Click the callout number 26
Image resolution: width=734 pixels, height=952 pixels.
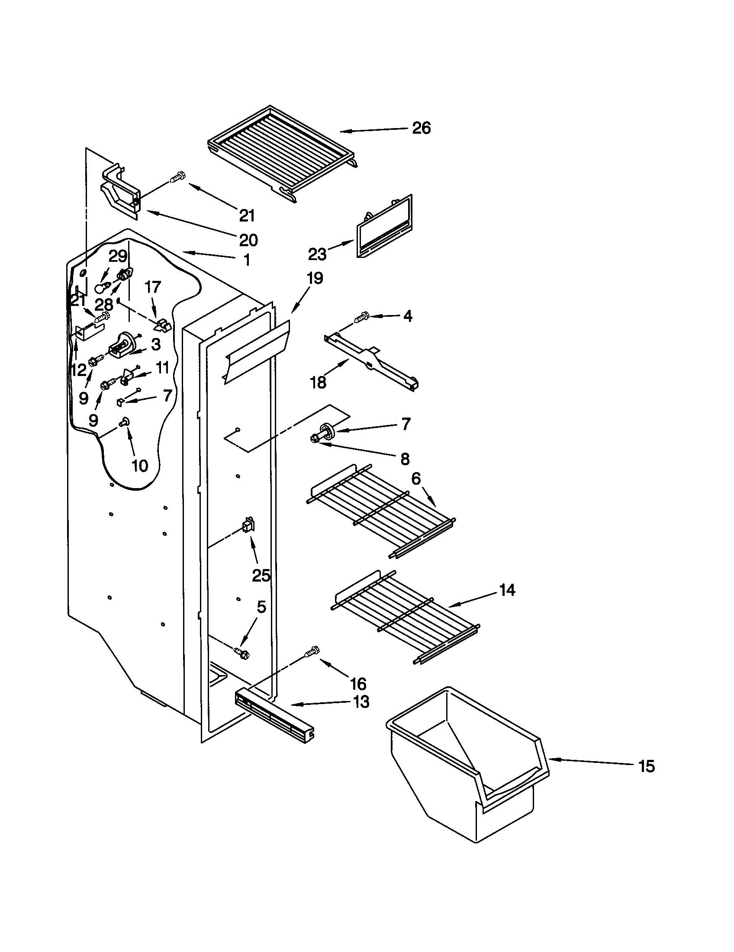[421, 128]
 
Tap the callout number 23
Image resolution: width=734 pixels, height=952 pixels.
[317, 254]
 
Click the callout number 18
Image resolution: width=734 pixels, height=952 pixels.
[318, 382]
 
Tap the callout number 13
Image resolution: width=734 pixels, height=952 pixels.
[361, 702]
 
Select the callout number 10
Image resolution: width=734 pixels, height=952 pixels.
[139, 466]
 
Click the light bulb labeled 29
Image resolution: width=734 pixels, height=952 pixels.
[101, 288]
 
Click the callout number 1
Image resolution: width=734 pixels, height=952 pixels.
[247, 260]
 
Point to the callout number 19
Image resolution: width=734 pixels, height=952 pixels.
[315, 278]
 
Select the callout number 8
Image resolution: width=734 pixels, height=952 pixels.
[405, 458]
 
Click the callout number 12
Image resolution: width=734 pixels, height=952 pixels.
[79, 370]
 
